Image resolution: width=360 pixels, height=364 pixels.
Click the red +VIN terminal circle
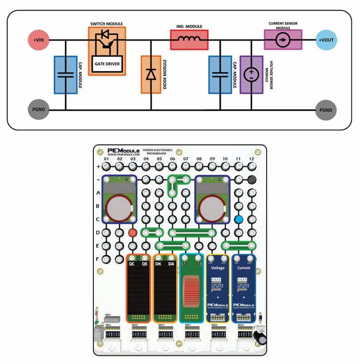pyautogui.click(x=38, y=40)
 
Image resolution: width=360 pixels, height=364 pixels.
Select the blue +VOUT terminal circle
pyautogui.click(x=327, y=40)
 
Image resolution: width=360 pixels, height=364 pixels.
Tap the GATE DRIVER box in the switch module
pyautogui.click(x=107, y=63)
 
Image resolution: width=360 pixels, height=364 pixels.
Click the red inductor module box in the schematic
pyautogui.click(x=190, y=39)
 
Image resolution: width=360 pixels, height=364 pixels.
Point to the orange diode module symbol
pyautogui.click(x=151, y=74)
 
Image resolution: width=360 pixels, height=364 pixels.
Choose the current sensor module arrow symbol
pyautogui.click(x=283, y=40)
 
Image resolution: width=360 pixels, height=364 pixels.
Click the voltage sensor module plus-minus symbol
pyautogui.click(x=251, y=74)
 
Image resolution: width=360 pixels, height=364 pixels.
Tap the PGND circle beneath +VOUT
pyautogui.click(x=327, y=110)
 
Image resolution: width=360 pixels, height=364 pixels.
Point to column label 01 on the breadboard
pyautogui.click(x=106, y=159)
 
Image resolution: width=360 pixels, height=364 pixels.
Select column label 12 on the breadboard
pyautogui.click(x=251, y=159)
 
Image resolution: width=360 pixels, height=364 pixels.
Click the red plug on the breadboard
pyautogui.click(x=133, y=233)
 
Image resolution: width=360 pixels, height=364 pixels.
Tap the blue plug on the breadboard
pyautogui.click(x=238, y=219)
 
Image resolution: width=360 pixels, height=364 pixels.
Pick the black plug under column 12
pyautogui.click(x=251, y=180)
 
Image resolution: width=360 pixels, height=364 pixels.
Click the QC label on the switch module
pyautogui.click(x=132, y=263)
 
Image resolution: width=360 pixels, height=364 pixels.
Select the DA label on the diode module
pyautogui.click(x=171, y=263)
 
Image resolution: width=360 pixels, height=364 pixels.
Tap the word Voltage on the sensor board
pyautogui.click(x=218, y=268)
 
